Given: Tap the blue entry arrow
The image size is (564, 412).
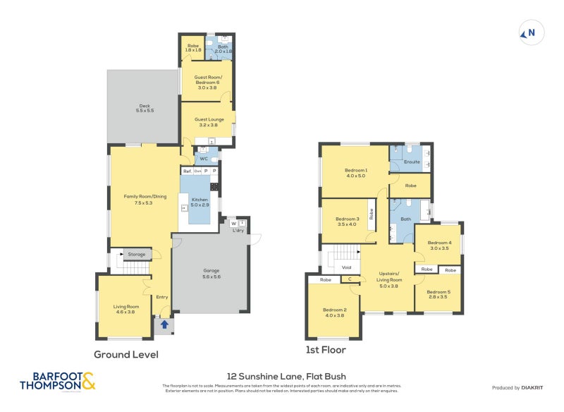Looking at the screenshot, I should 164,325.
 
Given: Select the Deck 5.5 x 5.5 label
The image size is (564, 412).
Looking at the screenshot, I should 144,109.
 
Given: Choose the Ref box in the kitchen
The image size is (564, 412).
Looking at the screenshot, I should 187,171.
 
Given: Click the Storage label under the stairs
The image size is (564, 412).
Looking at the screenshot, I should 137,254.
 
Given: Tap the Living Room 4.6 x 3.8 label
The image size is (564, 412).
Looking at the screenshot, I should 126,309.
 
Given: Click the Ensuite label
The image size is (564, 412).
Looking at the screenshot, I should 412,162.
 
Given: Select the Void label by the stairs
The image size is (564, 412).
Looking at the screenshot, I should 346,267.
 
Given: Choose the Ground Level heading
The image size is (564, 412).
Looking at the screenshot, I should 126,354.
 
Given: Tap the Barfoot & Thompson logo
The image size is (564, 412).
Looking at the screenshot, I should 58,381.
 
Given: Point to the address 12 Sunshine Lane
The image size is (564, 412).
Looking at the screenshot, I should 286,376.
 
